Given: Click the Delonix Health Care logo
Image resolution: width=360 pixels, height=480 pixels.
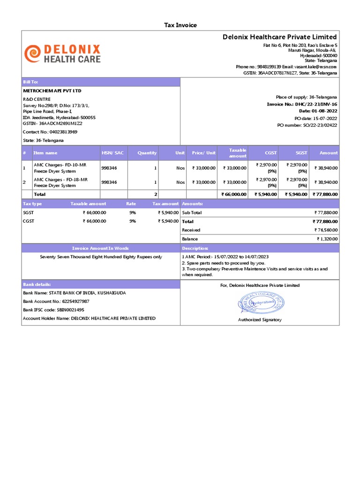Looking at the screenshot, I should coord(62,54).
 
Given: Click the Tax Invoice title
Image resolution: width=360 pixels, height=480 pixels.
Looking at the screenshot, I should coord(180,25).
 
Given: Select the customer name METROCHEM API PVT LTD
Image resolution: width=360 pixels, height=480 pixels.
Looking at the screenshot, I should coord(52,90).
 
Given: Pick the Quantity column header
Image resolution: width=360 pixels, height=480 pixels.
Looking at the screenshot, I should coord(147,153).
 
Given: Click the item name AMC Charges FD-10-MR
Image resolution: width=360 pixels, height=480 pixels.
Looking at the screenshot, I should coord(60,165).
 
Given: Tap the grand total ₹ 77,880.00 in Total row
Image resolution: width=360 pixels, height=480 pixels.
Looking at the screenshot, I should coord(325,194).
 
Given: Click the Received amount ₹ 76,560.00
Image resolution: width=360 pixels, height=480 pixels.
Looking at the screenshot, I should coord(326,230).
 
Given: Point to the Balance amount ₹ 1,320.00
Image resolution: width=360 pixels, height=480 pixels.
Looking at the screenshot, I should coord(327,239).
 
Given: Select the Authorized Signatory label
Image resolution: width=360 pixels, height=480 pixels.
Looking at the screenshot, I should coord(260,320).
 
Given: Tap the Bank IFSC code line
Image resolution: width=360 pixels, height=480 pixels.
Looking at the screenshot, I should coord(53,310).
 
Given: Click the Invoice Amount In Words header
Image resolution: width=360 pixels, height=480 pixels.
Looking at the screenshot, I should coord(100,248).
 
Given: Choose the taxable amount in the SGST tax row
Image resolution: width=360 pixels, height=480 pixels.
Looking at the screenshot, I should coord(94,212).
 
